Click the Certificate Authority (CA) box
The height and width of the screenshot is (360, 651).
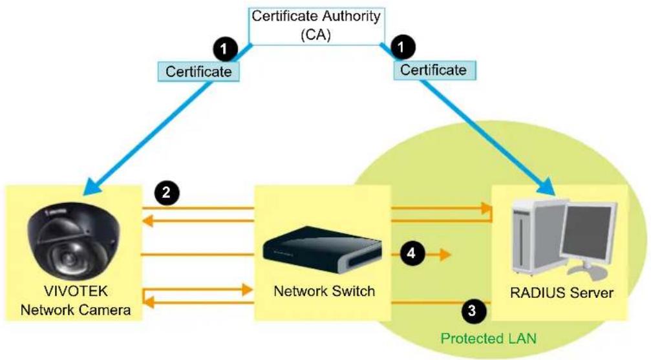pyautogui.click(x=316, y=26)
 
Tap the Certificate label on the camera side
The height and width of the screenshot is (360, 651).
pyautogui.click(x=198, y=72)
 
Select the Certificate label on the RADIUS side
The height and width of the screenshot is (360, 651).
pyautogui.click(x=434, y=70)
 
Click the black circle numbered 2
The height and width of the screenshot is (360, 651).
pyautogui.click(x=167, y=193)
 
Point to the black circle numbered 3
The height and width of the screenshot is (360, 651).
pyautogui.click(x=472, y=310)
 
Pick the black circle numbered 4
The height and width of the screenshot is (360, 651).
pyautogui.click(x=411, y=253)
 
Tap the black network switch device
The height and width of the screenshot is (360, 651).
pyautogui.click(x=322, y=249)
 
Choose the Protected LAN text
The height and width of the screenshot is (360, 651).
pyautogui.click(x=489, y=339)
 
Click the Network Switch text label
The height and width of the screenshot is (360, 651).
pyautogui.click(x=325, y=291)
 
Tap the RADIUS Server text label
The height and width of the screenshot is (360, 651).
pyautogui.click(x=561, y=293)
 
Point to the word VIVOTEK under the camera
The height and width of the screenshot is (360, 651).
pyautogui.click(x=76, y=291)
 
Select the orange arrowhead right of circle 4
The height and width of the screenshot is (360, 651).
pyautogui.click(x=445, y=254)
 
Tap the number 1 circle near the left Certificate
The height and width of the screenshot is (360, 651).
pyautogui.click(x=224, y=49)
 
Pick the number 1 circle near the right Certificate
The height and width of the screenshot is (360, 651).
pyautogui.click(x=401, y=47)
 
